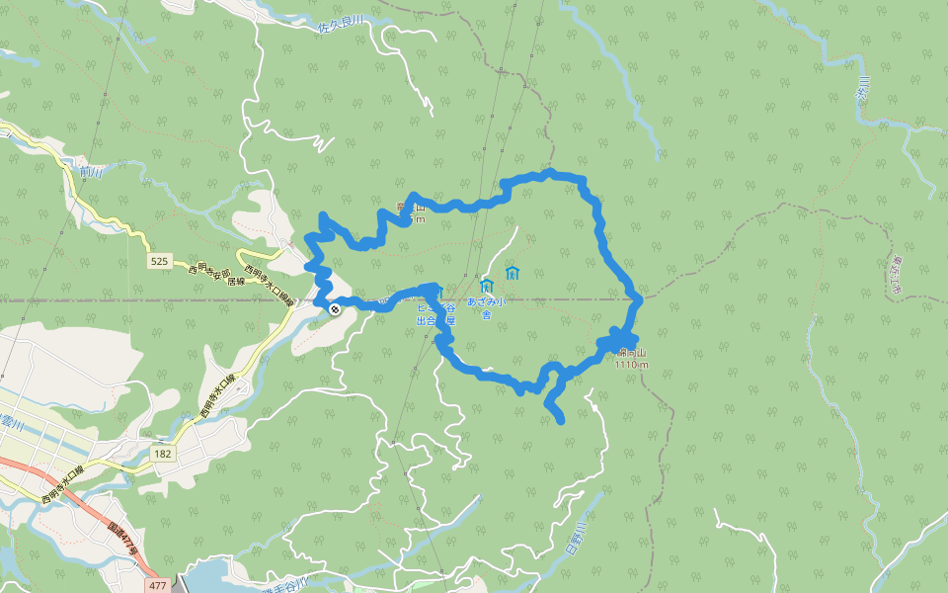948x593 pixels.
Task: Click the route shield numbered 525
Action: click(x=160, y=261)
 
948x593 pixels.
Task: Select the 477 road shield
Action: click(x=157, y=585)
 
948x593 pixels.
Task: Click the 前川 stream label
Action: click(x=92, y=172)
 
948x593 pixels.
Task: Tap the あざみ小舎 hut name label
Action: click(x=487, y=307)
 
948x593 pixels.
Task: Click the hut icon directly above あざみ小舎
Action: click(x=486, y=286)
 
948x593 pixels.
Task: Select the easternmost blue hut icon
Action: click(x=512, y=273)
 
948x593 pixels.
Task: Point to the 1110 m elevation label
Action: click(x=631, y=364)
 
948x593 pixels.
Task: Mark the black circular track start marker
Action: click(x=336, y=309)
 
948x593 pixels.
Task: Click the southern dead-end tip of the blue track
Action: click(x=561, y=421)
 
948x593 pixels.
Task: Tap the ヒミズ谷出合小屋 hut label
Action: click(x=434, y=313)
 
